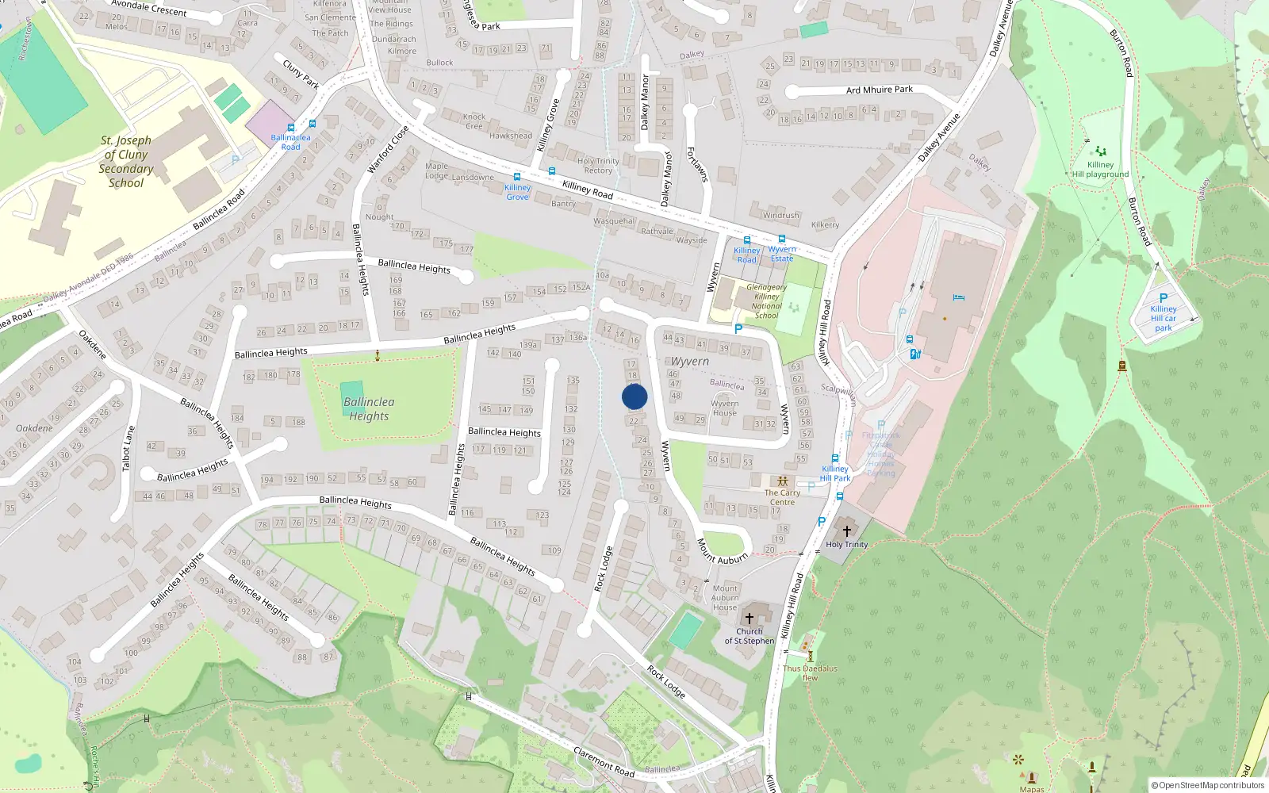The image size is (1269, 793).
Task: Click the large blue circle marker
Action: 634,396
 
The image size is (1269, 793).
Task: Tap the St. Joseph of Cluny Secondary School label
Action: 126,162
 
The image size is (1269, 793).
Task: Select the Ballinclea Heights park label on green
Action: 369,409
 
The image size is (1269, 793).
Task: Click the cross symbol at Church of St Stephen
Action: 749,618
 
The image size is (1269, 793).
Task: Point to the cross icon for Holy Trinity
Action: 846,531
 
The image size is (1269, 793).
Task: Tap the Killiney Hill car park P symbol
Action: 1164,298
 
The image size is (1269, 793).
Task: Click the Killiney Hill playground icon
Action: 1100,151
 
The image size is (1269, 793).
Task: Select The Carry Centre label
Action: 782,497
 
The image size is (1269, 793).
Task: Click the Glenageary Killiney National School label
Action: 767,301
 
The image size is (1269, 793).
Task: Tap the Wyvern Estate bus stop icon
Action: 782,239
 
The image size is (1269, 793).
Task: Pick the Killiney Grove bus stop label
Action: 517,192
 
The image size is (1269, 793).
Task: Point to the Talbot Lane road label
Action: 128,448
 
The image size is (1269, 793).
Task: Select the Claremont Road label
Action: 604,762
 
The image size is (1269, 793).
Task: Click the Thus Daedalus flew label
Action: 810,672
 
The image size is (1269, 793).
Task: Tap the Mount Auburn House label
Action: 725,598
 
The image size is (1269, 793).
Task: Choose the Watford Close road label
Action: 388,149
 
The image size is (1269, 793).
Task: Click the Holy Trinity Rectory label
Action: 598,166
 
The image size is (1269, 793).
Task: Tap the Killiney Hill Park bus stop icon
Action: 834,458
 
